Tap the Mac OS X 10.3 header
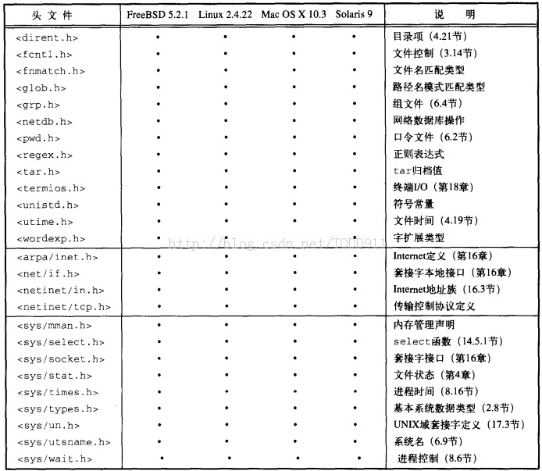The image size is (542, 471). point(293,15)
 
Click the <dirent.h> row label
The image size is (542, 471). point(47,37)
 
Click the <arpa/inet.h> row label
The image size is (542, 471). point(57,256)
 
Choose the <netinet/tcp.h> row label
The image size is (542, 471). point(62,307)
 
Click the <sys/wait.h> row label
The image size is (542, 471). point(55,459)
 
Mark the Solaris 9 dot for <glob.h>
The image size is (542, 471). point(355,87)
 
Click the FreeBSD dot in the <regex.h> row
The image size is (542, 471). point(159,154)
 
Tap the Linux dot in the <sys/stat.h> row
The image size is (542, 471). point(225,375)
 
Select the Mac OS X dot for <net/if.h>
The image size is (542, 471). point(294,273)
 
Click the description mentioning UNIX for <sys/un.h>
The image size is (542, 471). point(457,425)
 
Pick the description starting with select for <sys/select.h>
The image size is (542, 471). point(448,341)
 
